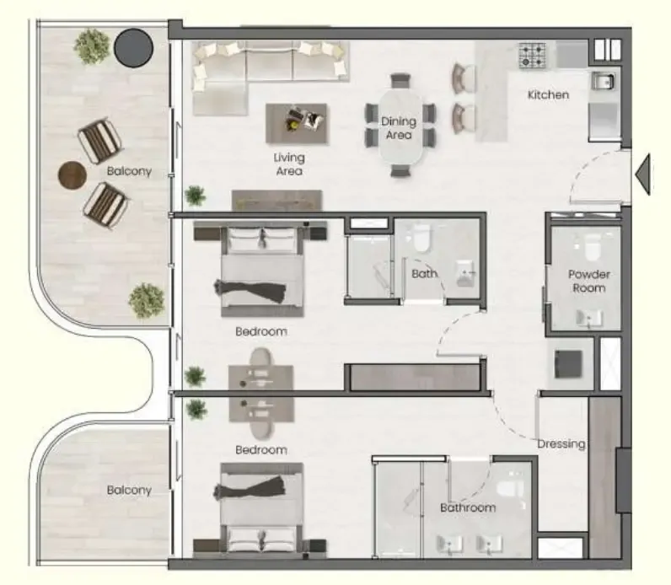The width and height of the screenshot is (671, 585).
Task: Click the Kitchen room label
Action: [548, 94]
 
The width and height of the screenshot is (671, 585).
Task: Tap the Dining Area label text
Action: [399, 128]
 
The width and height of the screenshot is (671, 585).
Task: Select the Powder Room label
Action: [589, 282]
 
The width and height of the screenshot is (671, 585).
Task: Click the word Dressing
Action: [561, 444]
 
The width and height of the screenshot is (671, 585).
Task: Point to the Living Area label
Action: [289, 164]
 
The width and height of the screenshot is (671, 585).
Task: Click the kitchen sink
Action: [604, 80]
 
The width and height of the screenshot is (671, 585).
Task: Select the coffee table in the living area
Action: [296, 123]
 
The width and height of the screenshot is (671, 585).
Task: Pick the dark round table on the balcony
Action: [133, 48]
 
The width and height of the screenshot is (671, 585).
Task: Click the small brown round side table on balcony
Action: [72, 175]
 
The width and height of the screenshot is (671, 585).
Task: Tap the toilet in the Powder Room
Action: [593, 247]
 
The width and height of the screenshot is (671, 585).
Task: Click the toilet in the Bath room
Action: [421, 238]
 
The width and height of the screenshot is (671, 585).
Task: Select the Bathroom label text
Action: [468, 508]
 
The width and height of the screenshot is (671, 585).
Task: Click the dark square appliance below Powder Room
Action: [568, 364]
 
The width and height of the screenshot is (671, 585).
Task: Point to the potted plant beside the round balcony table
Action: [92, 46]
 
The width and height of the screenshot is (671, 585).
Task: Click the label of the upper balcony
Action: [129, 171]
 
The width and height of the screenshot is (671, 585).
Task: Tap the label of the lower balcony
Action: [129, 490]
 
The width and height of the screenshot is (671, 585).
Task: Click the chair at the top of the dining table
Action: [400, 81]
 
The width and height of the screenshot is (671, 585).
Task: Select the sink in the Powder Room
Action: [589, 319]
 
